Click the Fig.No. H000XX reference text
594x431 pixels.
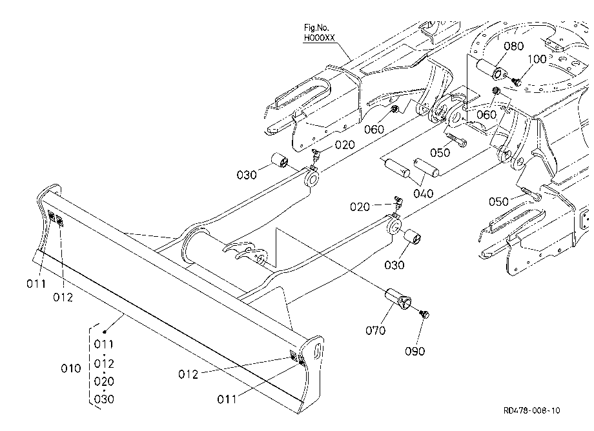coord(320,32)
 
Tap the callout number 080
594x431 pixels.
coord(514,46)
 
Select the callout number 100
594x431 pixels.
coord(537,59)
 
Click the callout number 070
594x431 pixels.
coord(375,330)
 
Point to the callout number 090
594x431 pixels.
coord(415,351)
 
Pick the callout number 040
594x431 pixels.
coord(423,194)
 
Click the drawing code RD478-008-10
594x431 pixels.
coord(531,410)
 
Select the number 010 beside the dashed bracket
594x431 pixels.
coord(71,368)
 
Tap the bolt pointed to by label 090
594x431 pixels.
coord(424,314)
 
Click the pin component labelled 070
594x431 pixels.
coord(398,299)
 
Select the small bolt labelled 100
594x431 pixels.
coord(516,81)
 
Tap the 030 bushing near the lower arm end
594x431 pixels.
coord(413,237)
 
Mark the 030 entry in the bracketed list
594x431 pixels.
coord(104,399)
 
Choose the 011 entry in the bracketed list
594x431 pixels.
coord(104,344)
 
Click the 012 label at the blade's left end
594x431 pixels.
coord(63,297)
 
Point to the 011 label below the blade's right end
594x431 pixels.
coord(227,399)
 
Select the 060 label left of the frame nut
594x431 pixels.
coord(374,130)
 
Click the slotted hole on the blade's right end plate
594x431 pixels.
coord(318,351)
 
